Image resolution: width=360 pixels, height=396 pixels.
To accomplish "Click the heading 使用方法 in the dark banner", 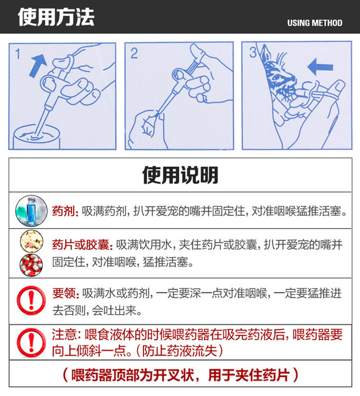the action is [x=56, y=17].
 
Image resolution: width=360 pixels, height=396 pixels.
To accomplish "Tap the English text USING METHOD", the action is [x=315, y=23].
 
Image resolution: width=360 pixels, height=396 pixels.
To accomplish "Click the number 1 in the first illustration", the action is [x=18, y=54].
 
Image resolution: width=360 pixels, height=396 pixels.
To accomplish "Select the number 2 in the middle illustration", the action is [x=134, y=53].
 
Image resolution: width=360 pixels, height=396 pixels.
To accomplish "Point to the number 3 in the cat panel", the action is [x=253, y=52].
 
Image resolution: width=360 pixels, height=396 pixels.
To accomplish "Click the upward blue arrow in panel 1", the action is [x=37, y=66].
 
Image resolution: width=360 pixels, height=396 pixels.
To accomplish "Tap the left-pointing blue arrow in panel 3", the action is [x=320, y=67].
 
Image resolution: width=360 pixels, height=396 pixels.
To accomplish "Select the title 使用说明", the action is [x=180, y=175].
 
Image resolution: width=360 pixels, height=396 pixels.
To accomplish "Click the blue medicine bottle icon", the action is [x=31, y=211].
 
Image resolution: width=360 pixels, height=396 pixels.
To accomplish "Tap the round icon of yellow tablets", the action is [x=32, y=241].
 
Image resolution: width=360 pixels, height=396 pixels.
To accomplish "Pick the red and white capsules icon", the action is [x=31, y=265].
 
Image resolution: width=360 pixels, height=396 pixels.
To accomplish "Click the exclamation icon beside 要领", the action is [x=31, y=300].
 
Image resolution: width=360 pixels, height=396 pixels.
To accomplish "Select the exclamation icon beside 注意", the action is [x=31, y=343].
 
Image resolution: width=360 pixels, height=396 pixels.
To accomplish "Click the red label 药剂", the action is [x=63, y=211].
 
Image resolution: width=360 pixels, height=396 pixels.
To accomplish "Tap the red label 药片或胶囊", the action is [x=81, y=245].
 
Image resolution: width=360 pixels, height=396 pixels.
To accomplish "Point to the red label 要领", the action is [x=64, y=293].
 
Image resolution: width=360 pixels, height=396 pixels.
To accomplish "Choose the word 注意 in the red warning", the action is [x=64, y=334].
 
